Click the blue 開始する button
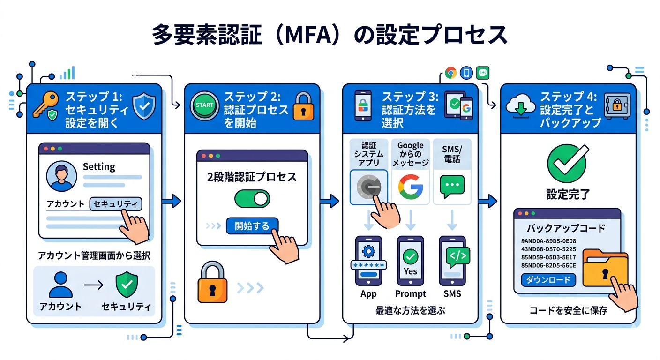pyautogui.click(x=252, y=226)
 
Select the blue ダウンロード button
pyautogui.click(x=548, y=280)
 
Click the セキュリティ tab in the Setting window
pyautogui.click(x=115, y=204)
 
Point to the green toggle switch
pyautogui.click(x=252, y=199)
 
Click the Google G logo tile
pyautogui.click(x=410, y=187)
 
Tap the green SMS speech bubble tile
pyautogui.click(x=452, y=187)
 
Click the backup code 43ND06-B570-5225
pyautogui.click(x=549, y=249)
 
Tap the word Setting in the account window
pyautogui.click(x=98, y=166)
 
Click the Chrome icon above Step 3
pyautogui.click(x=451, y=73)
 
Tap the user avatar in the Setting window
pyautogui.click(x=61, y=177)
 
